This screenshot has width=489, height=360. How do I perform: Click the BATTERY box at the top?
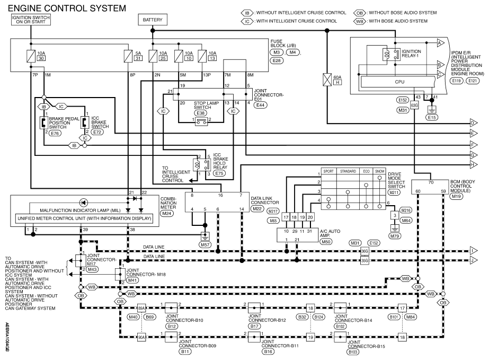(x=153, y=20)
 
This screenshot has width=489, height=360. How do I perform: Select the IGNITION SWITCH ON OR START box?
(x=31, y=20)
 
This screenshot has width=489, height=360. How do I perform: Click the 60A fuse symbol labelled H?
(x=327, y=80)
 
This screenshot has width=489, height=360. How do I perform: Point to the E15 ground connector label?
(x=432, y=117)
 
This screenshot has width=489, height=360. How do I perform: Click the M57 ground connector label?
(x=205, y=245)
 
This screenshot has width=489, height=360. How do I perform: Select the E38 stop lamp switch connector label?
(x=200, y=113)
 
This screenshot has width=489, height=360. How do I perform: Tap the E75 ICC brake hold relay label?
(x=219, y=173)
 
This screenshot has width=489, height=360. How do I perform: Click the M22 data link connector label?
(x=257, y=208)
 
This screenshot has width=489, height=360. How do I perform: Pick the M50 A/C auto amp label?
(x=326, y=241)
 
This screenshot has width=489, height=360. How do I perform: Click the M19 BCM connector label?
(x=456, y=196)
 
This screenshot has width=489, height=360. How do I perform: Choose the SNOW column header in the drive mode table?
(x=379, y=171)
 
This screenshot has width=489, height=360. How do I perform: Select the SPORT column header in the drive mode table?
(x=328, y=171)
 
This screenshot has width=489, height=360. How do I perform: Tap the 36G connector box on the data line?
(x=364, y=251)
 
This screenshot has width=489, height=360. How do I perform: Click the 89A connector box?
(x=141, y=308)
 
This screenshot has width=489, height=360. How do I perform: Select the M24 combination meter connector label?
(x=167, y=214)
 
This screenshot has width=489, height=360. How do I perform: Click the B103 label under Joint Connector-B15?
(x=353, y=352)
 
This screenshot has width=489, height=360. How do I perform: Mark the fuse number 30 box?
(x=41, y=58)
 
